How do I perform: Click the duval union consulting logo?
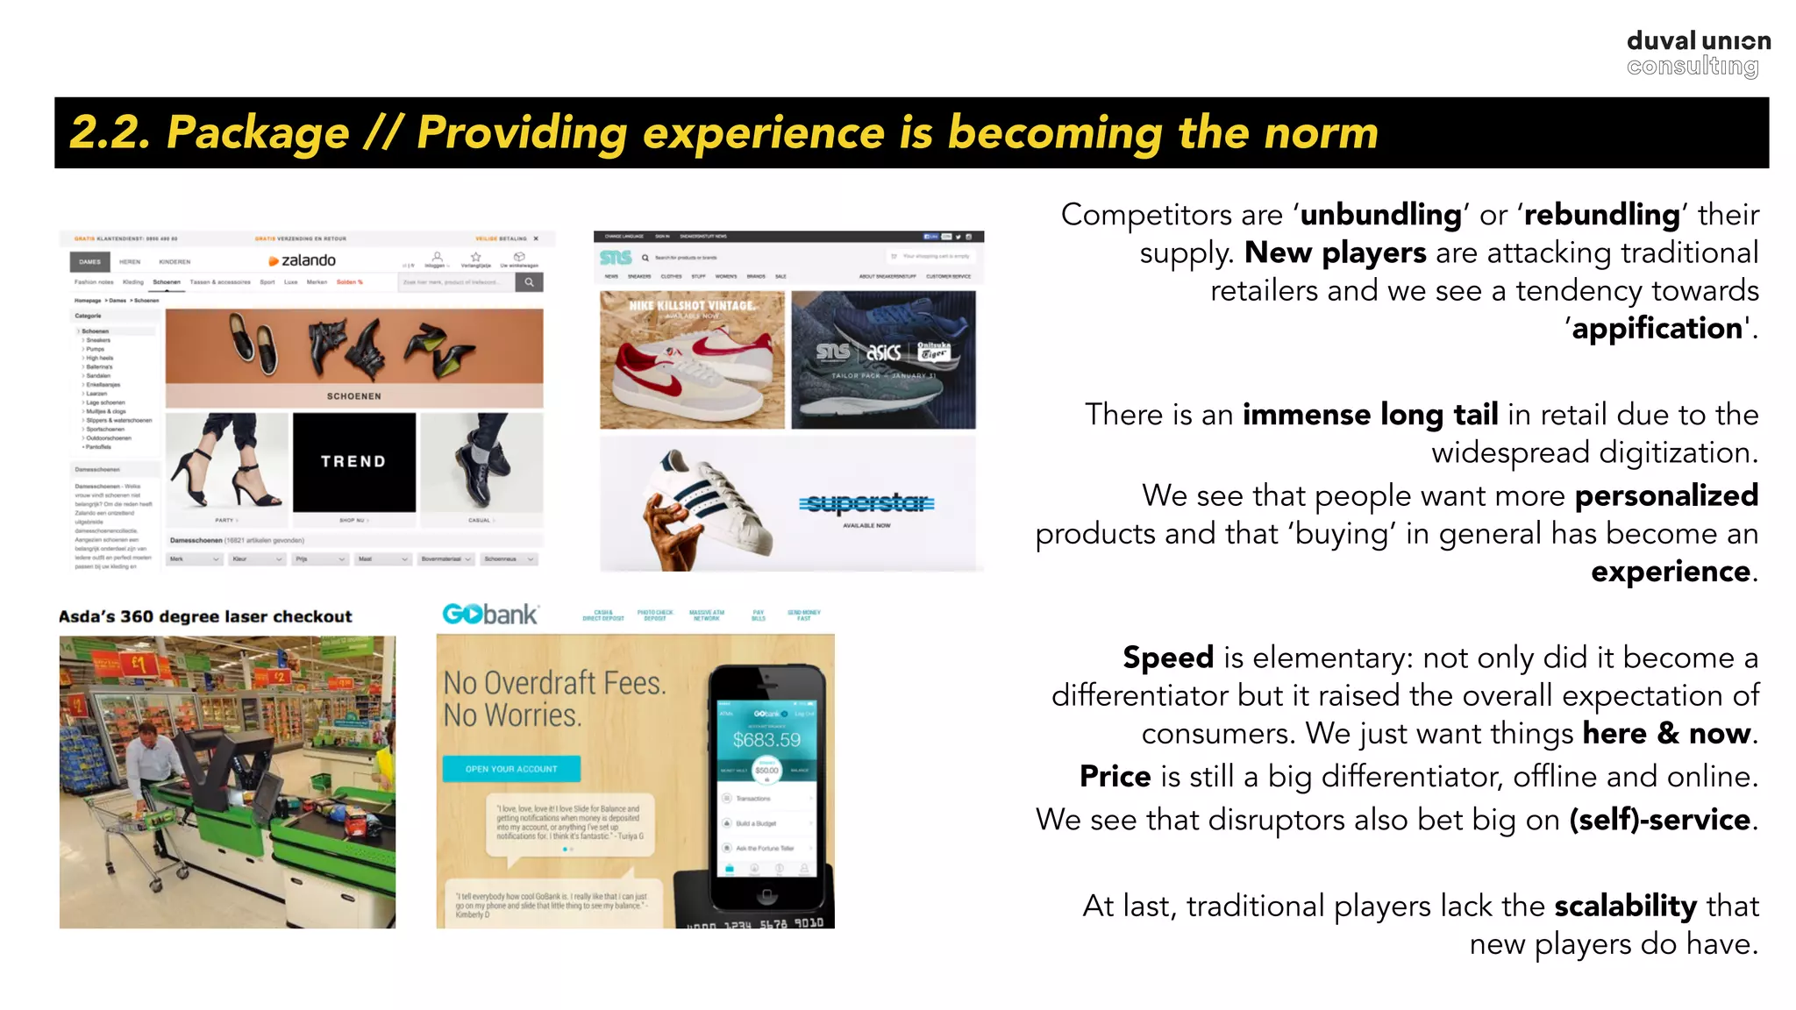pyautogui.click(x=1698, y=53)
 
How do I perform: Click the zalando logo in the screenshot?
pyautogui.click(x=303, y=260)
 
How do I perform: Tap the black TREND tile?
pyautogui.click(x=353, y=462)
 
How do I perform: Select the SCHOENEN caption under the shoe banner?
pyautogui.click(x=354, y=396)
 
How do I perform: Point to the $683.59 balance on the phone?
pyautogui.click(x=766, y=740)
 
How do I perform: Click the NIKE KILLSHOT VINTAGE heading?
pyautogui.click(x=692, y=306)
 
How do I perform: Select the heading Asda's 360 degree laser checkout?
pyautogui.click(x=205, y=616)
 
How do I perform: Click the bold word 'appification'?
pyautogui.click(x=1657, y=329)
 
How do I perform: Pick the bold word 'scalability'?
pyautogui.click(x=1625, y=906)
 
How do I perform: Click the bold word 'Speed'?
pyautogui.click(x=1168, y=658)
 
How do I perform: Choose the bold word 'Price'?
pyautogui.click(x=1115, y=777)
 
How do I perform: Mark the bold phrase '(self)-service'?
pyautogui.click(x=1659, y=820)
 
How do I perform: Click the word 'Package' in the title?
pyautogui.click(x=258, y=133)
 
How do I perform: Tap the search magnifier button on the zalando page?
pyautogui.click(x=529, y=282)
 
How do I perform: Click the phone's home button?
pyautogui.click(x=766, y=895)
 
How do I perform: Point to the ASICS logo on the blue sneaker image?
pyautogui.click(x=884, y=352)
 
